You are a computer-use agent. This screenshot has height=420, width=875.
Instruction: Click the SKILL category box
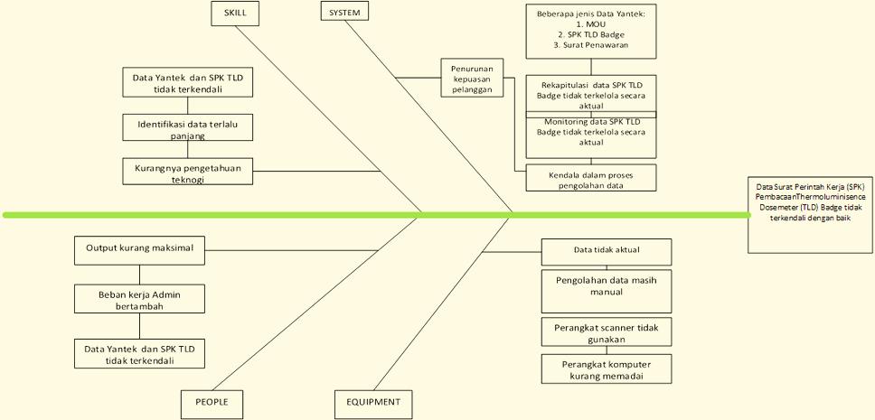(x=235, y=13)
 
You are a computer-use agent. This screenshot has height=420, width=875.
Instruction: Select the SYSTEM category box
(x=344, y=12)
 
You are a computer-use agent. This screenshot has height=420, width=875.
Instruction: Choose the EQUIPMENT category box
(x=373, y=401)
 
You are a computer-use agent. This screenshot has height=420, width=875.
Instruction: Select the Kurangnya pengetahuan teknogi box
(x=188, y=172)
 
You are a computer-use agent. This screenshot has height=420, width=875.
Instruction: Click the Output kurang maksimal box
(x=139, y=248)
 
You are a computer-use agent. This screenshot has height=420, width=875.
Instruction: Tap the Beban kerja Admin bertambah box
(x=139, y=299)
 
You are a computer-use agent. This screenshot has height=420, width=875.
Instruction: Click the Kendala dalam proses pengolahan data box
(x=591, y=177)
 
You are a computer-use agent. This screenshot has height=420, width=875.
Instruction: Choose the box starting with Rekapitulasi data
(x=591, y=95)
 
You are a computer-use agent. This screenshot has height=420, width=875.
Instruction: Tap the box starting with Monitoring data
(x=591, y=134)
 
